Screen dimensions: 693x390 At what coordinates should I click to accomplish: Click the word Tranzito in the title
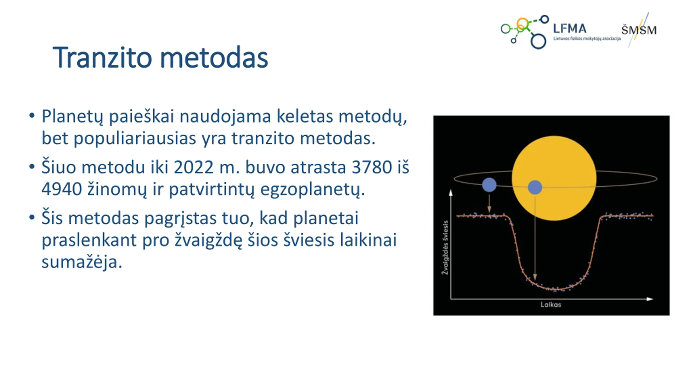click(102, 57)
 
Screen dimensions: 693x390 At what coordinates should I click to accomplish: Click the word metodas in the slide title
click(214, 57)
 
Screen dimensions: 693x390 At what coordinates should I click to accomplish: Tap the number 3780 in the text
click(372, 167)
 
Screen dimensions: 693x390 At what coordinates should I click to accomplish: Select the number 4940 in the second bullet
click(62, 189)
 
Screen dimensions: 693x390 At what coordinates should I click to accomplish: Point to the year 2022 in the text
click(194, 167)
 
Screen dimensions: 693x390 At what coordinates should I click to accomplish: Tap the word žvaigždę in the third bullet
click(208, 240)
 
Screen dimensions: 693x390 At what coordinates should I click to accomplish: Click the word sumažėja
click(82, 262)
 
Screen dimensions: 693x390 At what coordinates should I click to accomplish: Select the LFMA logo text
click(570, 28)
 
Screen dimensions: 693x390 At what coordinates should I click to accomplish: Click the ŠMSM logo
click(639, 30)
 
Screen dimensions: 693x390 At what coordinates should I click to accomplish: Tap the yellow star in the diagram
click(554, 178)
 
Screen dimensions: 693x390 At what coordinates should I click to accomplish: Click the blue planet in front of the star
click(535, 187)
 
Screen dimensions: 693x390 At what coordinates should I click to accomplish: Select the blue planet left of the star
click(489, 185)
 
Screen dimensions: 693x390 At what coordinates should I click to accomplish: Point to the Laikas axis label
click(551, 305)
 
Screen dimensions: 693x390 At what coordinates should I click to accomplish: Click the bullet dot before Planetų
click(32, 116)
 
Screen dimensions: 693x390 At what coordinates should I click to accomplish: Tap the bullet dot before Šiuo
click(32, 166)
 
